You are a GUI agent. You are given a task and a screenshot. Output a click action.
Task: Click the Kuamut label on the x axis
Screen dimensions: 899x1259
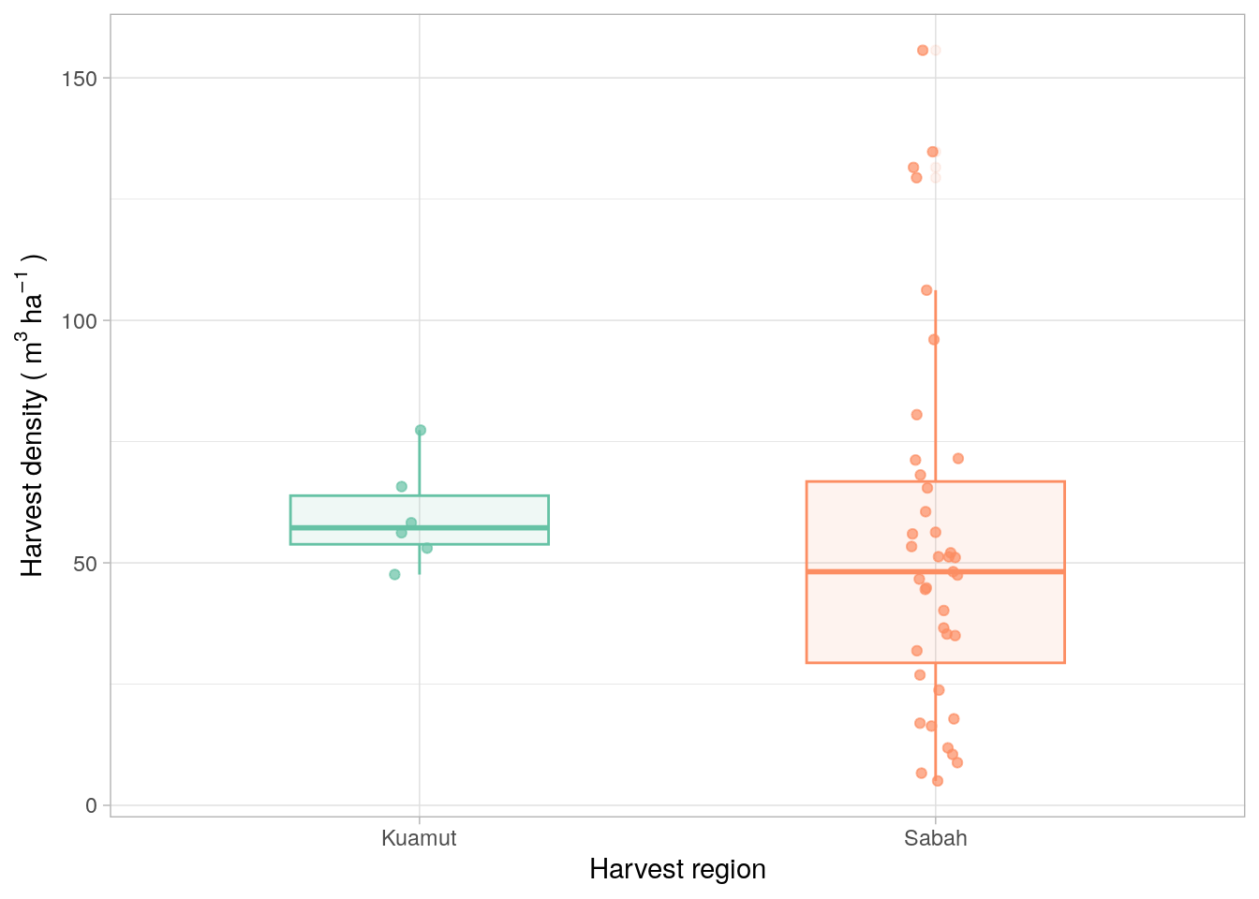(x=419, y=838)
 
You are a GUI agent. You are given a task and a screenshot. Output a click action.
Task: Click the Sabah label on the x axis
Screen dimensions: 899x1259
(x=935, y=838)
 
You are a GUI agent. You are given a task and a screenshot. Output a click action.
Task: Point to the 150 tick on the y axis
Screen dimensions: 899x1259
(x=79, y=79)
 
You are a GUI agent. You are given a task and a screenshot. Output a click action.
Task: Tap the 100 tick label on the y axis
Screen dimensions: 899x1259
(x=79, y=321)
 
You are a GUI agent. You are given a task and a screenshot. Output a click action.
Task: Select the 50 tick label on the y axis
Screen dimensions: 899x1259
(x=84, y=564)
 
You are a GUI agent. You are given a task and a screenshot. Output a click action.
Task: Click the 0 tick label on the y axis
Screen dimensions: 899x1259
(x=91, y=806)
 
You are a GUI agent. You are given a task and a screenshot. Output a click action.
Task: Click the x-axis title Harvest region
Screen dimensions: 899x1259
(x=677, y=870)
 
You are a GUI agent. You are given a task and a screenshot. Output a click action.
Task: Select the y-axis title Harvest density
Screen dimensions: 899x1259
(x=33, y=416)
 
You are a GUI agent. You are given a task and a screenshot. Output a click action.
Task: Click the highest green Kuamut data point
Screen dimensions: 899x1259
(x=421, y=430)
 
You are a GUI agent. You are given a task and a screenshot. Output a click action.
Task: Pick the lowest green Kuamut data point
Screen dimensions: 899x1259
(x=394, y=574)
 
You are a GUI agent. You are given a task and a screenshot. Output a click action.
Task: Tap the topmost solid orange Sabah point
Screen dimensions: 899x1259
(x=923, y=51)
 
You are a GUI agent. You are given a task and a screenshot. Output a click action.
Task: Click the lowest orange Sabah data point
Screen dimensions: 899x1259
(x=938, y=781)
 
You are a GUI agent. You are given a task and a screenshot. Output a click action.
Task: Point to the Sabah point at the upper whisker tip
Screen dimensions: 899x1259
(x=926, y=290)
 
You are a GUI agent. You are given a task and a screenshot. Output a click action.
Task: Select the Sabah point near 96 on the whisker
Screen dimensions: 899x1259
(x=934, y=340)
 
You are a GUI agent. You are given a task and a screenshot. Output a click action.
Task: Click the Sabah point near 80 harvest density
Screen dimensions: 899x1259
(x=917, y=415)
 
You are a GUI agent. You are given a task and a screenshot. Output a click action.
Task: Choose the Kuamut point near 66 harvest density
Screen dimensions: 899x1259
(x=402, y=486)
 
